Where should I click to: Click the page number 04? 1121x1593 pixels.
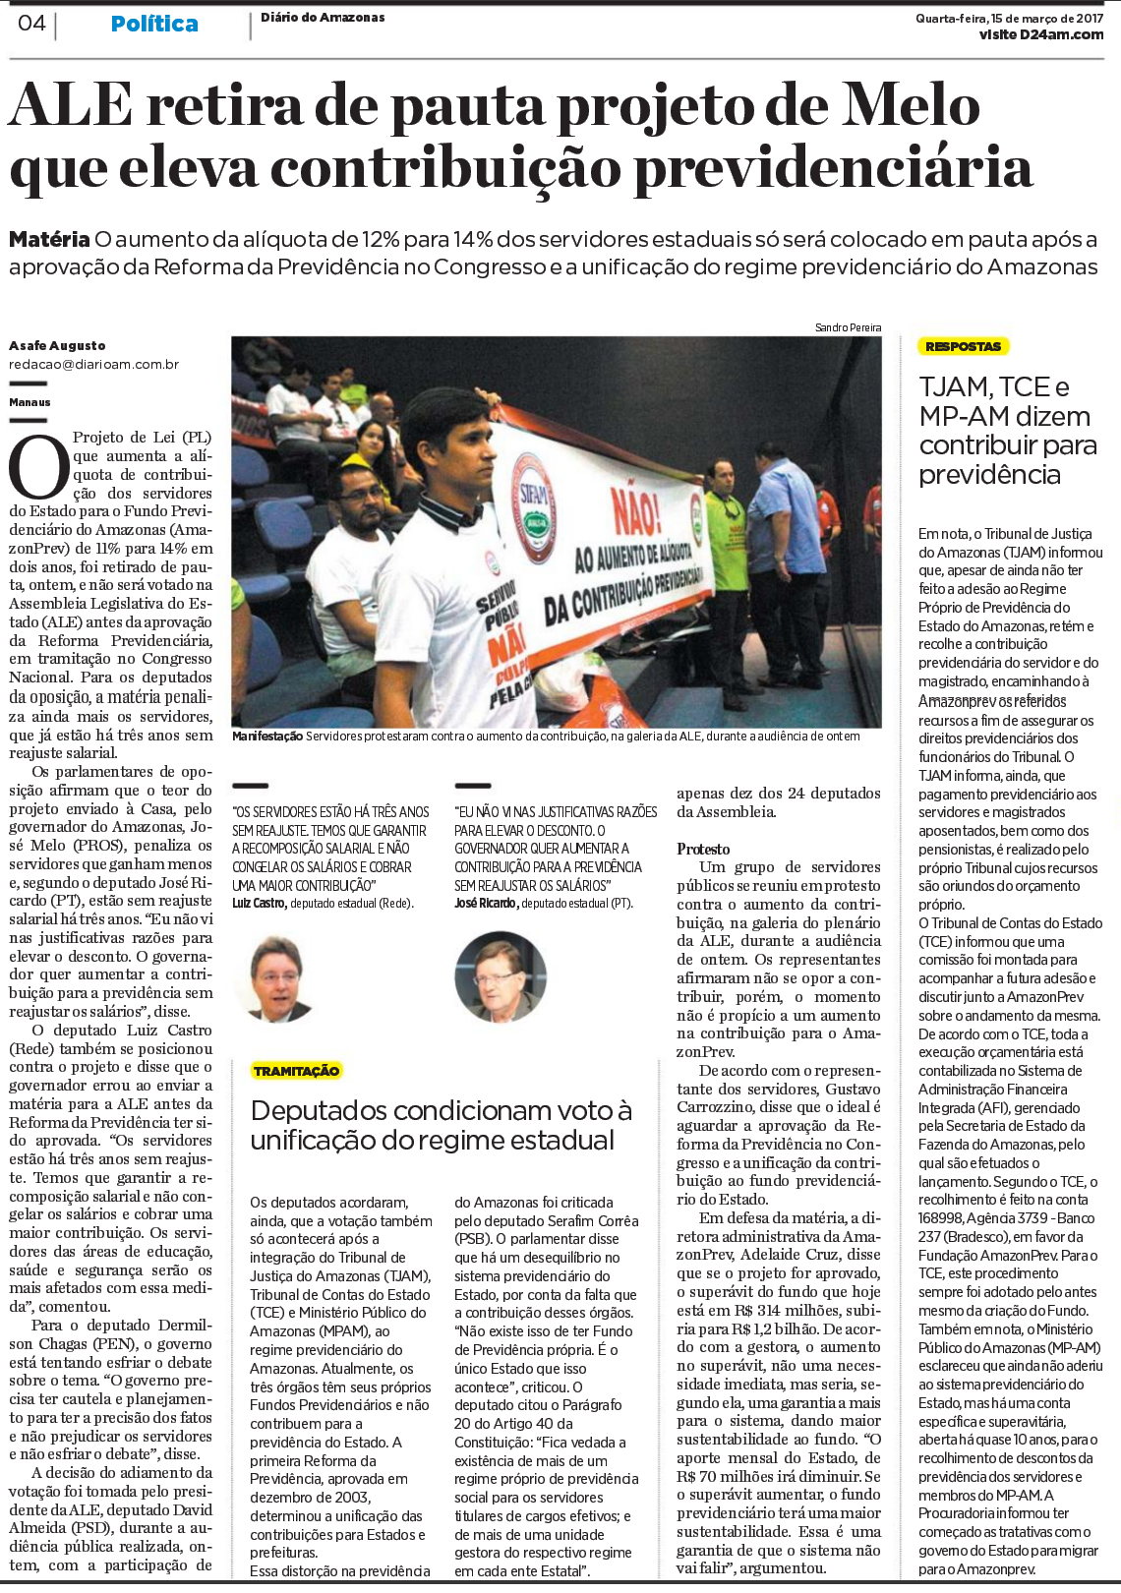[x=31, y=24]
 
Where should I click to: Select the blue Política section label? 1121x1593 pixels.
[x=154, y=25]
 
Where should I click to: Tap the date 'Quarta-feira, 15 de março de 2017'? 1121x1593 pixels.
[x=1009, y=19]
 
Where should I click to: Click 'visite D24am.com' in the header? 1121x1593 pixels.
[x=1040, y=35]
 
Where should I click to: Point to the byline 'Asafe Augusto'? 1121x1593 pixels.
[x=57, y=346]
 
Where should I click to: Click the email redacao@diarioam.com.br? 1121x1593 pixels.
[x=93, y=365]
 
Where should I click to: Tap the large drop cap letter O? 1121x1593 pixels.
[x=39, y=468]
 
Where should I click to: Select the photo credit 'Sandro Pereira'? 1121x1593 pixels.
[x=848, y=327]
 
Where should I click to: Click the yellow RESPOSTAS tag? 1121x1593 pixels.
[x=963, y=347]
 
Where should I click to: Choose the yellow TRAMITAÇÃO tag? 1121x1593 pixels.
[x=296, y=1071]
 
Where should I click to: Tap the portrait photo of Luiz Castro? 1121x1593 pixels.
[x=276, y=977]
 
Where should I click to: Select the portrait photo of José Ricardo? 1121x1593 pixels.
[x=500, y=977]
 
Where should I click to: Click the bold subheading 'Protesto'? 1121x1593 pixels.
[x=703, y=849]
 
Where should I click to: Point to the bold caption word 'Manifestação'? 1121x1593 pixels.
[x=266, y=737]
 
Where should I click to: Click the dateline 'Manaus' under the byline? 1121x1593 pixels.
[x=29, y=402]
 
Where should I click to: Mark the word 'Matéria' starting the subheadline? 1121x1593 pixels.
[x=49, y=240]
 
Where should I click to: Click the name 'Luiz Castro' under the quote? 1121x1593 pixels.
[x=259, y=903]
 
